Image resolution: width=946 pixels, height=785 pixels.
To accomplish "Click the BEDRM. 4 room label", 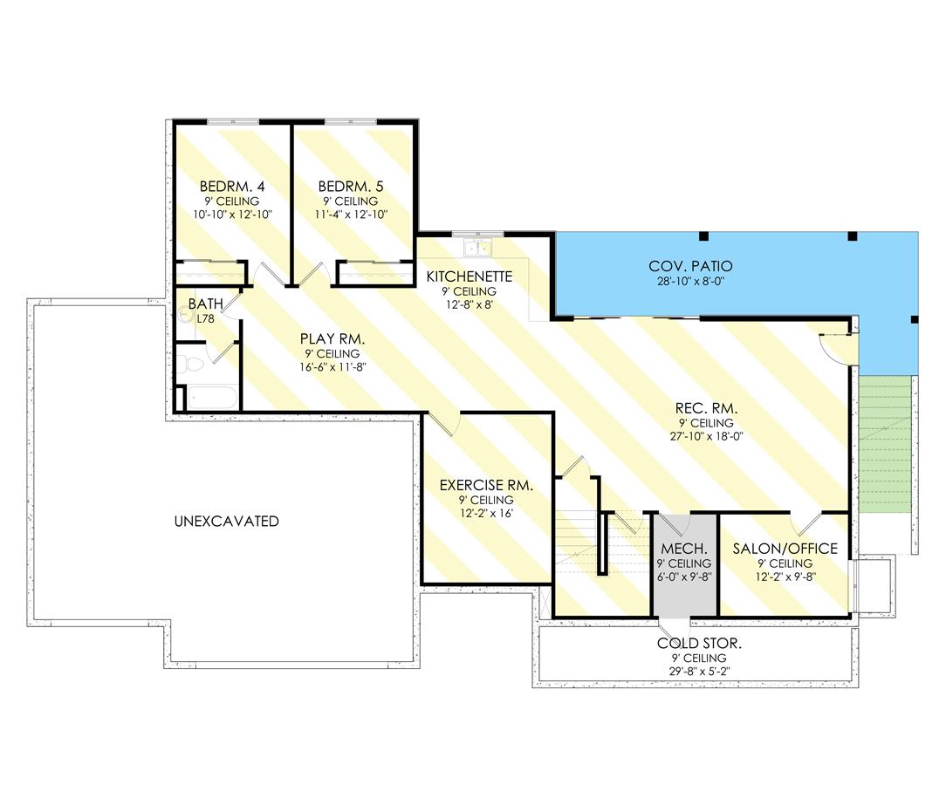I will pyautogui.click(x=231, y=187).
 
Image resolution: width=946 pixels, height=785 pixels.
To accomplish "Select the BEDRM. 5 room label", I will pyautogui.click(x=351, y=187).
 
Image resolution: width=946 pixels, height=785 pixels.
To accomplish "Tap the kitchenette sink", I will pyautogui.click(x=478, y=249).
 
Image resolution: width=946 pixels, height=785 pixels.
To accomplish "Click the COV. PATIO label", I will pyautogui.click(x=690, y=266).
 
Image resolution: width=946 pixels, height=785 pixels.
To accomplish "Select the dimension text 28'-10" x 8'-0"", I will pyautogui.click(x=690, y=282).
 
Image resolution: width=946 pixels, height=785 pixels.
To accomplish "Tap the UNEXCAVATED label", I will pyautogui.click(x=226, y=522).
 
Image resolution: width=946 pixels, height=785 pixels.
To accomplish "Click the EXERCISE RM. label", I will pyautogui.click(x=486, y=485).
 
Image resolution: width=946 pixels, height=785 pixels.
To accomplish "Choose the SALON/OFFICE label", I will pyautogui.click(x=785, y=549).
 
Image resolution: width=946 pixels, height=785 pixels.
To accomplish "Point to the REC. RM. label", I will pyautogui.click(x=707, y=407).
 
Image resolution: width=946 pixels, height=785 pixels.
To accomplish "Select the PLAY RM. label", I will pyautogui.click(x=331, y=338).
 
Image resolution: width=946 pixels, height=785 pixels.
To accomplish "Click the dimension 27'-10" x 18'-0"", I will pyautogui.click(x=707, y=436).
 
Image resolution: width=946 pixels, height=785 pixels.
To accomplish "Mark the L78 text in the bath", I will pyautogui.click(x=205, y=319).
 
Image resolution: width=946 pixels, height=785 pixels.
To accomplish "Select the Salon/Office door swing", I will pyautogui.click(x=805, y=523).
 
